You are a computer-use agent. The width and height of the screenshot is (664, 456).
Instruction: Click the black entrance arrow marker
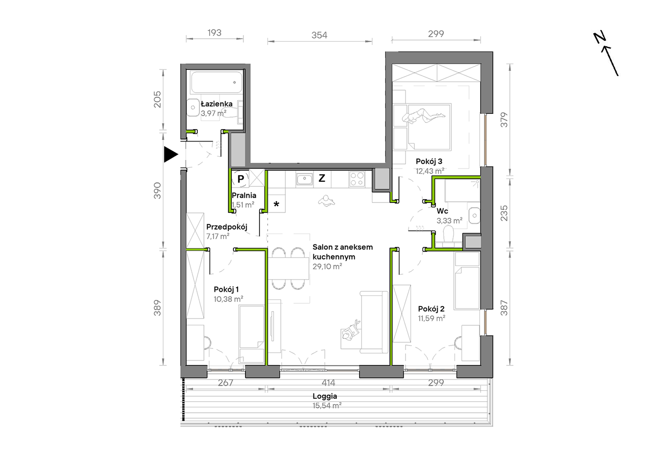pyautogui.click(x=171, y=154)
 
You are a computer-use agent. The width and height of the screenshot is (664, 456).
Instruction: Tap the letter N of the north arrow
pyautogui.click(x=600, y=37)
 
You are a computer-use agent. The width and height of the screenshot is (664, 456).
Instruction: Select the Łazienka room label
pyautogui.click(x=217, y=104)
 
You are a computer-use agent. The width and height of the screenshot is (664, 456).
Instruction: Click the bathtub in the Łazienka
pyautogui.click(x=217, y=82)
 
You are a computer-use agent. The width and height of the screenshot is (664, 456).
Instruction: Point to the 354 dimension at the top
pyautogui.click(x=319, y=35)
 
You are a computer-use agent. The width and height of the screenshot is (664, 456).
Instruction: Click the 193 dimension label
pyautogui.click(x=214, y=33)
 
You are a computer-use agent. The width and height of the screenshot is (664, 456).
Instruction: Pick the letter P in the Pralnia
pyautogui.click(x=240, y=179)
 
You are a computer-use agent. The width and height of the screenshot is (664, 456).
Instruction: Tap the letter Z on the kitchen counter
pyautogui.click(x=322, y=178)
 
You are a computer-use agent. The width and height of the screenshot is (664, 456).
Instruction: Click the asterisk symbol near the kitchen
pyautogui.click(x=276, y=204)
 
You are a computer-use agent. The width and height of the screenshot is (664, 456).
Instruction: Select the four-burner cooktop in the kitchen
pyautogui.click(x=357, y=179)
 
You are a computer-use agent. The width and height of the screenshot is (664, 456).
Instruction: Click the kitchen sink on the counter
pyautogui.click(x=304, y=179)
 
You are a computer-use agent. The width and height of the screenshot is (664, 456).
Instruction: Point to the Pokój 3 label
pyautogui.click(x=429, y=161)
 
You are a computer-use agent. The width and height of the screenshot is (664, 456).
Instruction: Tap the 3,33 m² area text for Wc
pyautogui.click(x=449, y=221)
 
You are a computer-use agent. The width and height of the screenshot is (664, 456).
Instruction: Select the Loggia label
pyautogui.click(x=325, y=396)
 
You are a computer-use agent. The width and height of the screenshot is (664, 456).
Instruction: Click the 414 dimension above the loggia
pyautogui.click(x=329, y=383)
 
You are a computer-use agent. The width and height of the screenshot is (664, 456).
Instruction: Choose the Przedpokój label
pyautogui.click(x=227, y=227)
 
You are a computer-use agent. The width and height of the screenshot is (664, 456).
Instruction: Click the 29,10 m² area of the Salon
pyautogui.click(x=327, y=266)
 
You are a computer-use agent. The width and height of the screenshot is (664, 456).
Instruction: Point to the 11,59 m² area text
pyautogui.click(x=432, y=318)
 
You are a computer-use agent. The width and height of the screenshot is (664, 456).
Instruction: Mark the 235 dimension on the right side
pyautogui.click(x=504, y=213)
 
